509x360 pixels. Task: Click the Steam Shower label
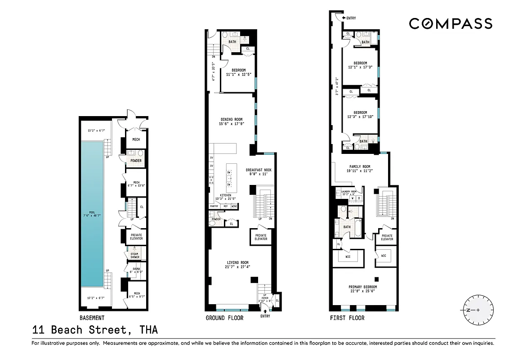tap(135, 255)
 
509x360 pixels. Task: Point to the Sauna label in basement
tap(135, 270)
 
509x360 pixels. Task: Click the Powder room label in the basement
tap(136, 161)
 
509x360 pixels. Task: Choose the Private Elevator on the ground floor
tap(261, 237)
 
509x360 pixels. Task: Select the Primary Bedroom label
tap(363, 287)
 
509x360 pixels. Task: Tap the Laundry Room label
tap(348, 192)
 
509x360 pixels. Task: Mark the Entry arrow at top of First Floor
tap(345, 18)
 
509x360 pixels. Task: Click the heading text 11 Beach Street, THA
tap(95, 330)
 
